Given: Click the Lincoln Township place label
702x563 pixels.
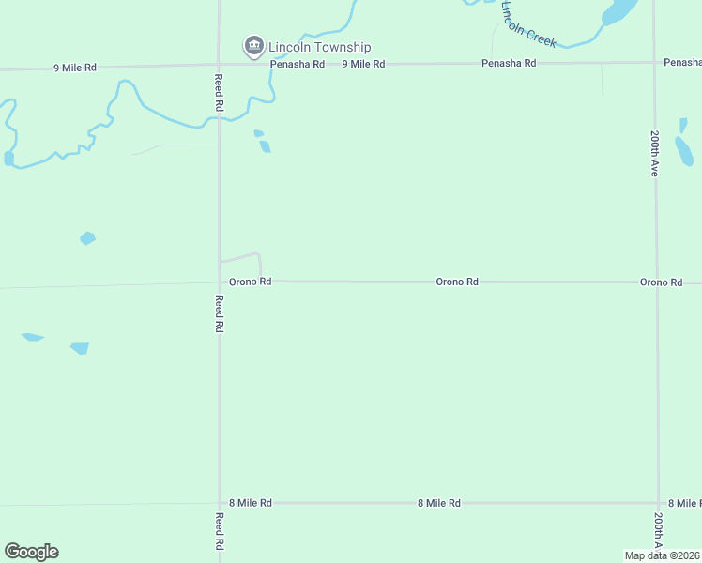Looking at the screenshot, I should [319, 47].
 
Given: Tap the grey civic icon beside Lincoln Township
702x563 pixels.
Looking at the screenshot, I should [253, 45].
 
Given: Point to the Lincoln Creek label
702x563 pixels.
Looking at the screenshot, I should [528, 24].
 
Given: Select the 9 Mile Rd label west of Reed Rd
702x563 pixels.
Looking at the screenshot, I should [74, 68].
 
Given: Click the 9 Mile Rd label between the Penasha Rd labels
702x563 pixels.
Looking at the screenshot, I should [363, 64].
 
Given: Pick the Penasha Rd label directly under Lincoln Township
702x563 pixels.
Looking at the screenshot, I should [297, 64].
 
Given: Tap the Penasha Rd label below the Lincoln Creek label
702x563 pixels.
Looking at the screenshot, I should [508, 63].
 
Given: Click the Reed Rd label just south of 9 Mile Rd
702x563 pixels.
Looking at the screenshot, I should [218, 92].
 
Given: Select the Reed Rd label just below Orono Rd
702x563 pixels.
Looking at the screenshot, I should [218, 313].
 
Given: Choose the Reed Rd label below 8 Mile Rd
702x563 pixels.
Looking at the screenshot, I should [218, 531].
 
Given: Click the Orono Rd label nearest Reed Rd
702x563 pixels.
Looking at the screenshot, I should [250, 281].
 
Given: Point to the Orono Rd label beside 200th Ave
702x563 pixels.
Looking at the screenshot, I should [661, 282].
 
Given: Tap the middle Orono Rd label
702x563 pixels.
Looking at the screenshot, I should [457, 281].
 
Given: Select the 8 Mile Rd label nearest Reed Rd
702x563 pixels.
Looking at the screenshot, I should [250, 503].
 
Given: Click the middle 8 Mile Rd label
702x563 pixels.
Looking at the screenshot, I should [438, 503].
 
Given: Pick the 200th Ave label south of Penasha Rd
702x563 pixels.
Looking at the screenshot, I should [654, 153].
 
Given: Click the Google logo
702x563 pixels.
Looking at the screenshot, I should [31, 552].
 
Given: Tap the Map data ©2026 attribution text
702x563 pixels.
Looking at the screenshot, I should [662, 555].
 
